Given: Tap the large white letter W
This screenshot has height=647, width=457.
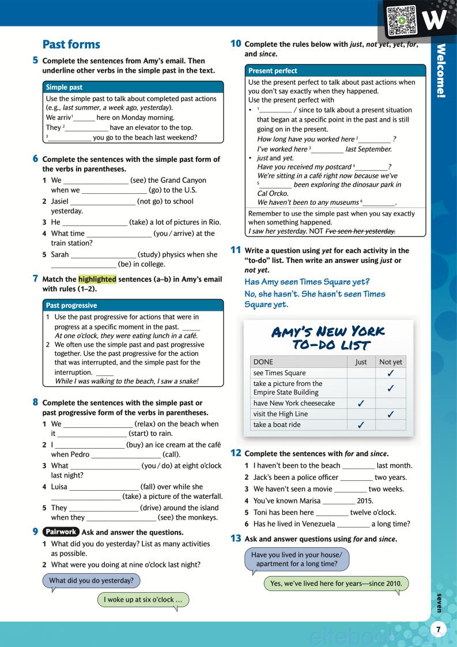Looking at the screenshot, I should pyautogui.click(x=433, y=21).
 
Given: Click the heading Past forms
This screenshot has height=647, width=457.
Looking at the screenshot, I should pyautogui.click(x=71, y=44).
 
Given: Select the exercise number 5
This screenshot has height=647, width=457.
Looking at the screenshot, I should pyautogui.click(x=35, y=60).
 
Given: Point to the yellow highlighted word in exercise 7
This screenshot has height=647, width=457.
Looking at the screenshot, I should pyautogui.click(x=97, y=279).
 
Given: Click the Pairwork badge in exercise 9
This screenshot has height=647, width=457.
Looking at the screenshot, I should pyautogui.click(x=61, y=532).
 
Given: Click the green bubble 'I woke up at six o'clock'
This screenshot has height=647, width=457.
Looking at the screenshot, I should pyautogui.click(x=143, y=600).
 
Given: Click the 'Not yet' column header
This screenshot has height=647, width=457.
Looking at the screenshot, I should pyautogui.click(x=390, y=362).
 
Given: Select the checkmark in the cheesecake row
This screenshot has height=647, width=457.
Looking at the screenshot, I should pyautogui.click(x=361, y=404).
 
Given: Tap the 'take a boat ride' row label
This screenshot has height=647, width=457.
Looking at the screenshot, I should pyautogui.click(x=277, y=425).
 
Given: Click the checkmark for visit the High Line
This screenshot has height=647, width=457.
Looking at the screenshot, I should pyautogui.click(x=390, y=414).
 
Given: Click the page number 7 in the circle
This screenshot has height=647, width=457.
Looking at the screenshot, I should pyautogui.click(x=439, y=630).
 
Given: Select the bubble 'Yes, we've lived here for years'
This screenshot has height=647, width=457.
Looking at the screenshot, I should pyautogui.click(x=337, y=584).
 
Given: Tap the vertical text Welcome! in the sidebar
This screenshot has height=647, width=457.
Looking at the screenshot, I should pyautogui.click(x=441, y=70).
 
